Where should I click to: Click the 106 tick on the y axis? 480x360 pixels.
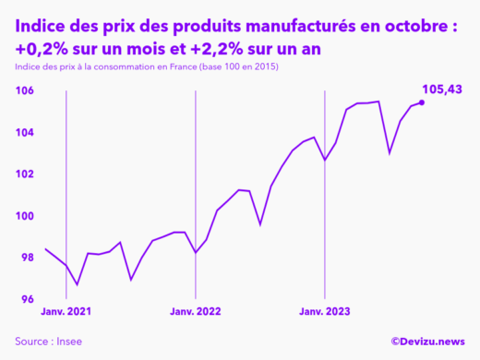click(25, 90)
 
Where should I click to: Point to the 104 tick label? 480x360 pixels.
click(25, 132)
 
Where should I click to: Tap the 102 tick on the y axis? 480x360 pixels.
click(25, 174)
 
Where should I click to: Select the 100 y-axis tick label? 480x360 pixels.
click(25, 216)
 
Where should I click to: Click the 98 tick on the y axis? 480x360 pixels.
click(25, 258)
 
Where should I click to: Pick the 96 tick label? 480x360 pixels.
click(25, 299)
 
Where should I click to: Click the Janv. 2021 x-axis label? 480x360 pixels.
click(66, 313)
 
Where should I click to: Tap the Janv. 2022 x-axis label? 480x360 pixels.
click(196, 313)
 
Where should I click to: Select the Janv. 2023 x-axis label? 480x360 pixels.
click(325, 313)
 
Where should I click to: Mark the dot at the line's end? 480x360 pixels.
click(422, 102)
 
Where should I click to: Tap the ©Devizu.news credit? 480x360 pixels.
click(427, 342)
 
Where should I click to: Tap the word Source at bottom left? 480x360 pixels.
click(32, 342)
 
